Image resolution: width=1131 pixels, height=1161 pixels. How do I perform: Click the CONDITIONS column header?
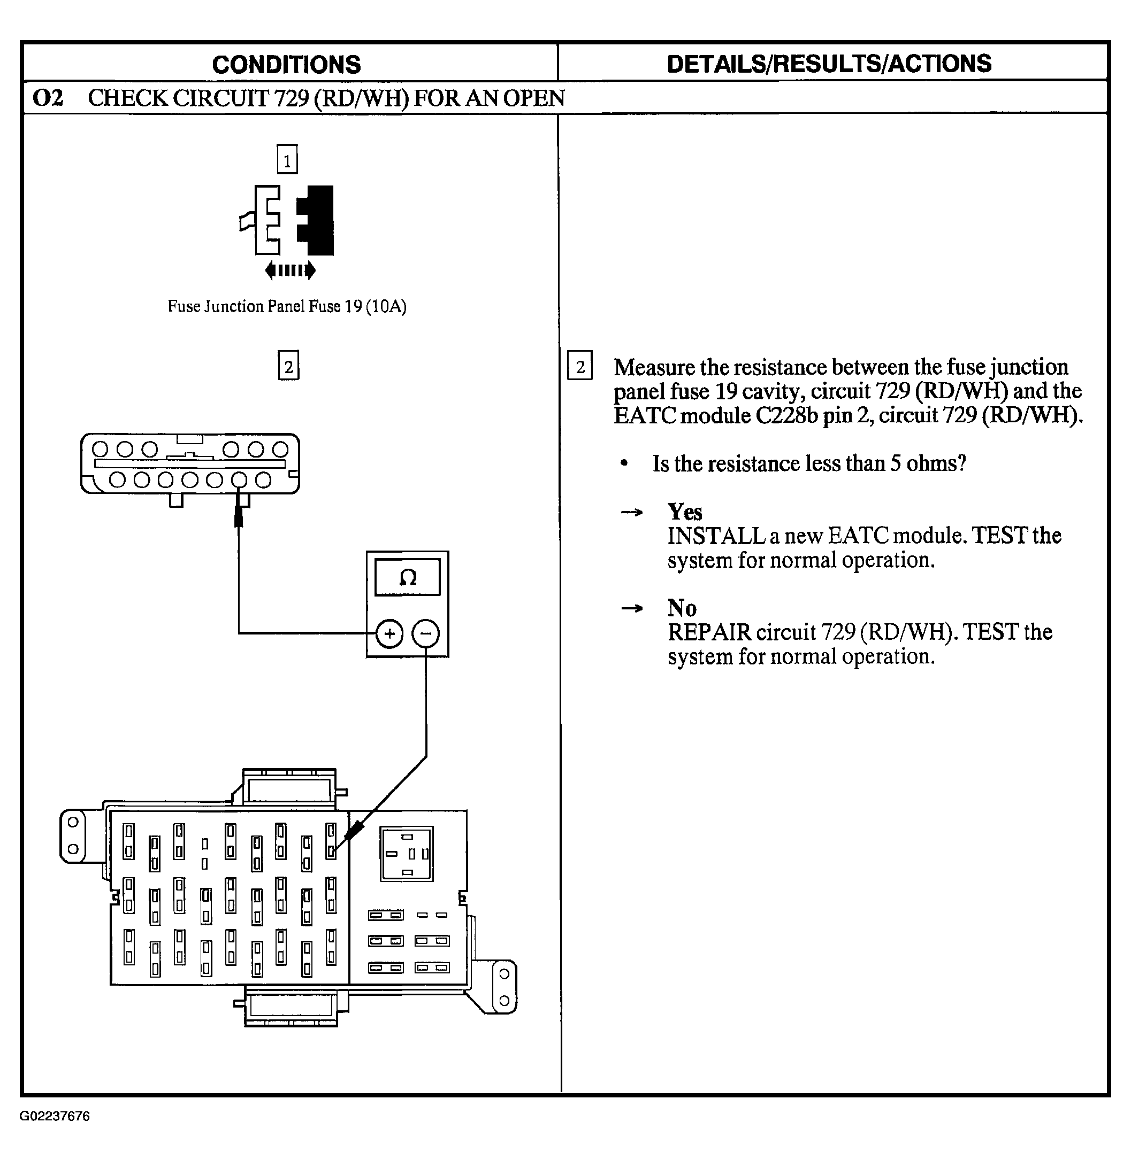tap(286, 64)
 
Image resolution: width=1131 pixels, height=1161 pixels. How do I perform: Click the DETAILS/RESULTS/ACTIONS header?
tap(829, 64)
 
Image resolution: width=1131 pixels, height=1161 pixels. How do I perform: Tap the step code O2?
tap(48, 98)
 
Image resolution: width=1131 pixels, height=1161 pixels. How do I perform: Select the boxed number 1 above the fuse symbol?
tap(287, 160)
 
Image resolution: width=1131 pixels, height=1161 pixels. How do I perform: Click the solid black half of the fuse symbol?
tap(316, 220)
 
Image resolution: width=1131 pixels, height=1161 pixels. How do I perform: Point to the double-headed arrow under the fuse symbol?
tap(290, 270)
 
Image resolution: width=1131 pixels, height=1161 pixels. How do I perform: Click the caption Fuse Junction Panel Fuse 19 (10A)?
tap(287, 306)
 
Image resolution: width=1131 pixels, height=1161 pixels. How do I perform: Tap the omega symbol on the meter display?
tap(408, 577)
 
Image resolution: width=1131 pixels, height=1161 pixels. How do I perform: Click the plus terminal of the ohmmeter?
tap(389, 633)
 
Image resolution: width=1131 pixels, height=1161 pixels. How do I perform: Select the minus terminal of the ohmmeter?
tap(426, 633)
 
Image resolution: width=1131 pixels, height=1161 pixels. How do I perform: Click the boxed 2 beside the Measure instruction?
tap(580, 366)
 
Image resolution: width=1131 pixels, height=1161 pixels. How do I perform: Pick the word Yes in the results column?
tap(685, 512)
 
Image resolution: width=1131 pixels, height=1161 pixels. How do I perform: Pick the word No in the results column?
tap(682, 608)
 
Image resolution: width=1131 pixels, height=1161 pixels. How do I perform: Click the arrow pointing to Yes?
tap(631, 512)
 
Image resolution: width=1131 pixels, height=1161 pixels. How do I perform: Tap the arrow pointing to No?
tap(631, 608)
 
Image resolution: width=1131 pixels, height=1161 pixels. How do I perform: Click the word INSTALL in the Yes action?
tap(716, 536)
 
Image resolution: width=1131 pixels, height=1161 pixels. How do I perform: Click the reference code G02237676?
tap(55, 1116)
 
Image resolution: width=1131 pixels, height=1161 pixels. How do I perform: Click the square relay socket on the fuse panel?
tap(407, 854)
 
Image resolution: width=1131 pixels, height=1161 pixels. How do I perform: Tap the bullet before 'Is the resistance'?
tap(624, 463)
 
